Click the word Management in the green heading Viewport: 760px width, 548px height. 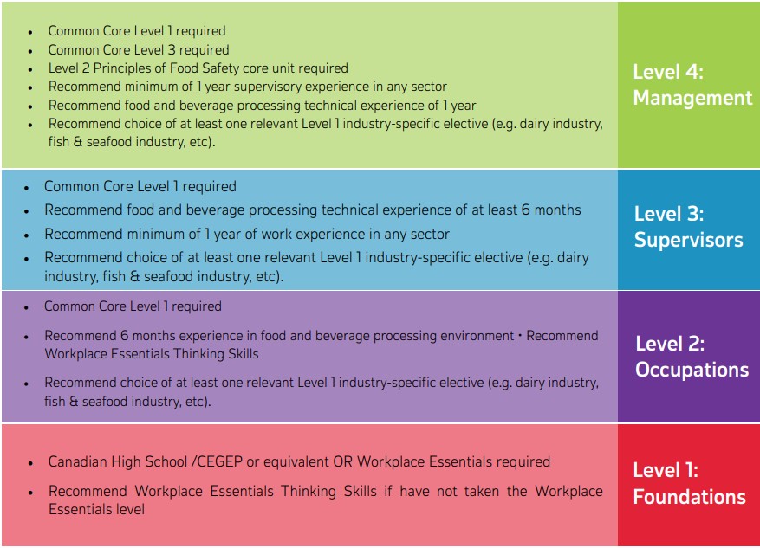(692, 99)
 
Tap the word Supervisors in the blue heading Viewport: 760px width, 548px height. (689, 241)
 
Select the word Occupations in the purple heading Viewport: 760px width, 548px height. (692, 371)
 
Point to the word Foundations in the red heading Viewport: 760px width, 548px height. (689, 497)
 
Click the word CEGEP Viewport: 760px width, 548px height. (219, 461)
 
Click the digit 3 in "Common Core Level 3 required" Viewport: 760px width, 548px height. (172, 50)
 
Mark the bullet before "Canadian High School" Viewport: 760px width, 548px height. (30, 464)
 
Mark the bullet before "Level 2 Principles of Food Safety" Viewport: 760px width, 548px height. (30, 70)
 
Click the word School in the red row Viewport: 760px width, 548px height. (165, 461)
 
